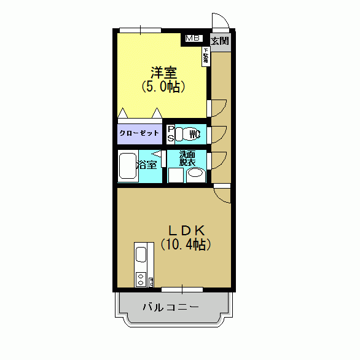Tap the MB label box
(x=194, y=38)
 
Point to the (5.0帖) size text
(x=163, y=87)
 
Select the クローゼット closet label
(x=139, y=133)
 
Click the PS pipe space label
(x=171, y=134)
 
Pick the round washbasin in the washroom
(x=195, y=173)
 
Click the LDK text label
(x=186, y=230)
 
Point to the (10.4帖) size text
(x=186, y=245)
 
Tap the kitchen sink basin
(x=141, y=254)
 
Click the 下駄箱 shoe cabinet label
(x=205, y=57)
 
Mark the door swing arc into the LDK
(x=222, y=194)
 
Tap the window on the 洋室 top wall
(x=141, y=29)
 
